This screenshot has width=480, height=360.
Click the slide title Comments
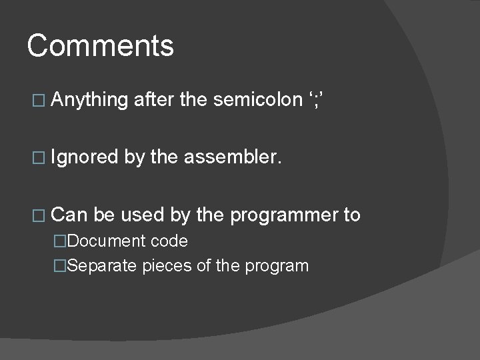pos(100,47)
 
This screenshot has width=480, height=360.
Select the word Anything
pos(89,101)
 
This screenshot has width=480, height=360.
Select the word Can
pos(69,215)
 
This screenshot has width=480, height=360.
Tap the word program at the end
pos(276,267)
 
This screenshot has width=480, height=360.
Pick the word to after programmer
pos(351,215)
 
